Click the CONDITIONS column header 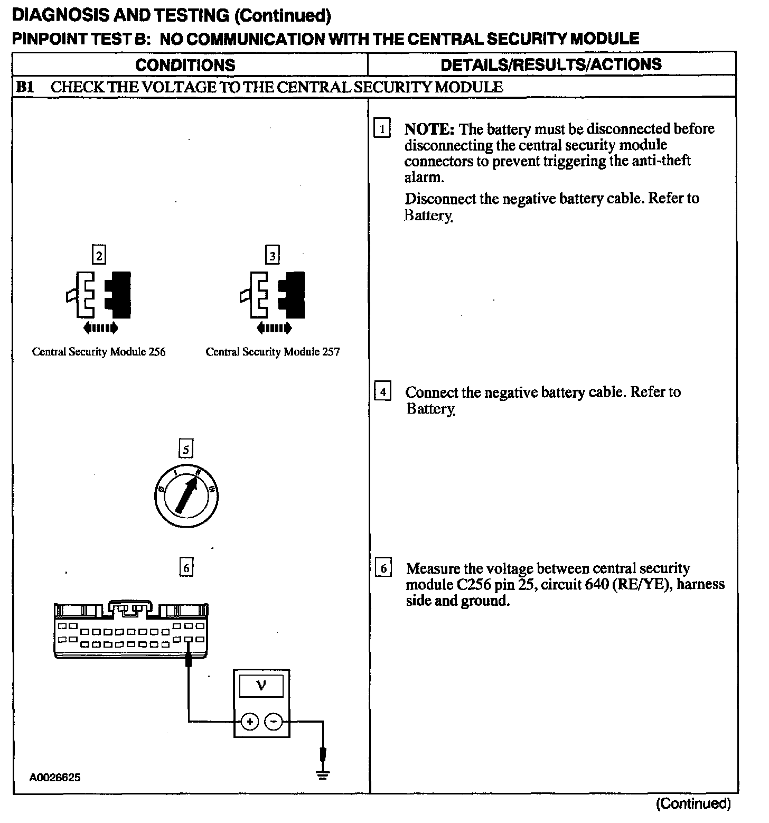(185, 65)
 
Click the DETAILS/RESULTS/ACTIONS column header (551, 64)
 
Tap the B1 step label (25, 87)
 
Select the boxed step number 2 (98, 256)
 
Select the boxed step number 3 (272, 256)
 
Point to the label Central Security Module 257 (273, 352)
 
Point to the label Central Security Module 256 (99, 352)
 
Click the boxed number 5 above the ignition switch (185, 450)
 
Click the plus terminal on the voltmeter (250, 721)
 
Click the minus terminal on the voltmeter (273, 721)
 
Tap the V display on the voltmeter (261, 686)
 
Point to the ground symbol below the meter (323, 775)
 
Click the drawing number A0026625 (55, 778)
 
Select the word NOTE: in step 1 (429, 129)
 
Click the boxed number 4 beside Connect (383, 392)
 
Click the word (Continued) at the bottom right (693, 804)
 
